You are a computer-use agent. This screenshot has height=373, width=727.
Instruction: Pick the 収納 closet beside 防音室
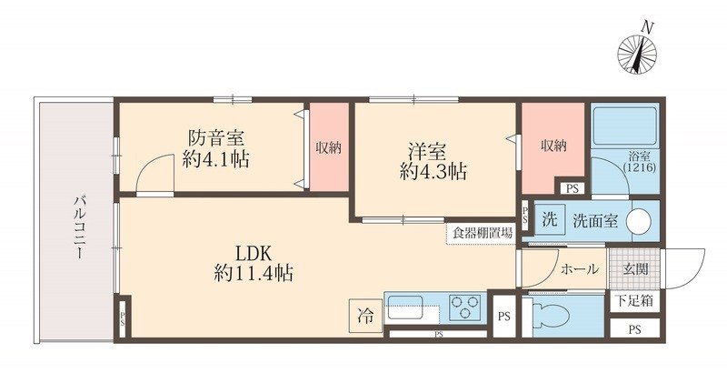click(x=328, y=148)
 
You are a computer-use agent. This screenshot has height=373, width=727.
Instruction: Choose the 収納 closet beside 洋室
click(x=553, y=146)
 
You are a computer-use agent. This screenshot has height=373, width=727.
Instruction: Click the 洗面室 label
click(x=595, y=221)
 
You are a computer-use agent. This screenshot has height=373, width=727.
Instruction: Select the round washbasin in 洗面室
click(x=641, y=221)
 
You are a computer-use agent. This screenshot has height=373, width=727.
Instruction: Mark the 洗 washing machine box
click(x=548, y=220)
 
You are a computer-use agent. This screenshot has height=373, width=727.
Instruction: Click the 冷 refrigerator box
click(x=364, y=317)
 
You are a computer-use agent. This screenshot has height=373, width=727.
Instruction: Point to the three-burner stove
click(x=466, y=307)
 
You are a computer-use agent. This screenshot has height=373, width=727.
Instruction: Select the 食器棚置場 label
click(x=482, y=233)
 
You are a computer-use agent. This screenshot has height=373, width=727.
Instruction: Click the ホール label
click(x=579, y=269)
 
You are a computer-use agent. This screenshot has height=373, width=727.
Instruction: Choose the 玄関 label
click(x=635, y=269)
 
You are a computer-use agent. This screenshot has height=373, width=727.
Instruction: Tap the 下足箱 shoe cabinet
click(x=634, y=300)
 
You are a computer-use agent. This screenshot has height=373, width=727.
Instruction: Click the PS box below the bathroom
click(x=571, y=188)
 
